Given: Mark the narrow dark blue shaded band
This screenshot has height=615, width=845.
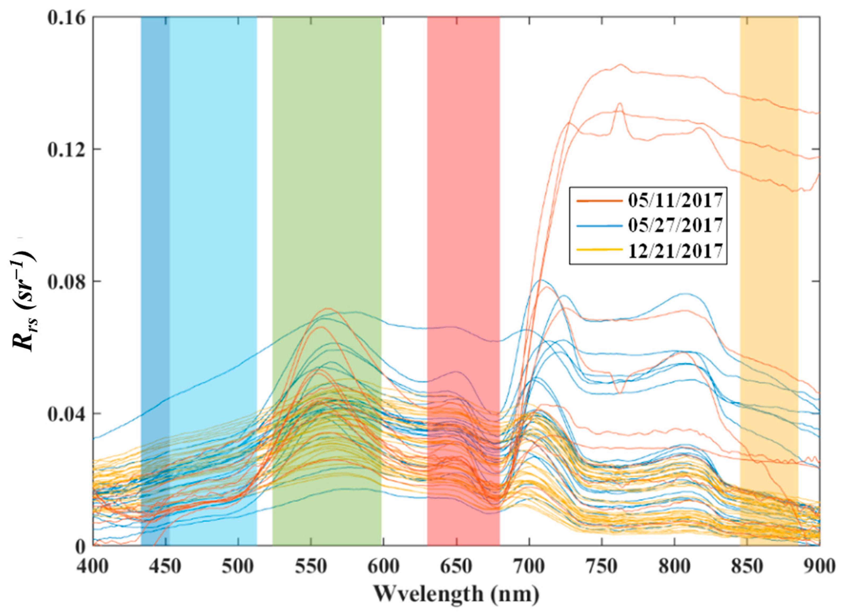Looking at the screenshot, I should pos(155,261).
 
